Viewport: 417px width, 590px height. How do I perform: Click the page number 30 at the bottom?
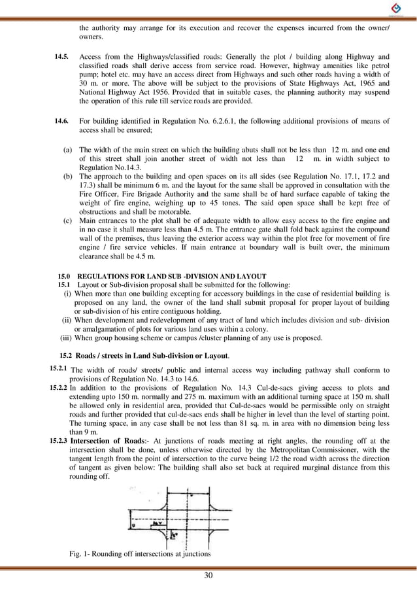coord(208,576)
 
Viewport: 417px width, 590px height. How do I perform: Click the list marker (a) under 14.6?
coord(68,150)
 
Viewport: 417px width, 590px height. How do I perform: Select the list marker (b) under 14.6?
coord(68,177)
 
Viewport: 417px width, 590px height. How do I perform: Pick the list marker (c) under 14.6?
coord(68,221)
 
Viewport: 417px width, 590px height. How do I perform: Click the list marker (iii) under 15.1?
coord(65,338)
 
